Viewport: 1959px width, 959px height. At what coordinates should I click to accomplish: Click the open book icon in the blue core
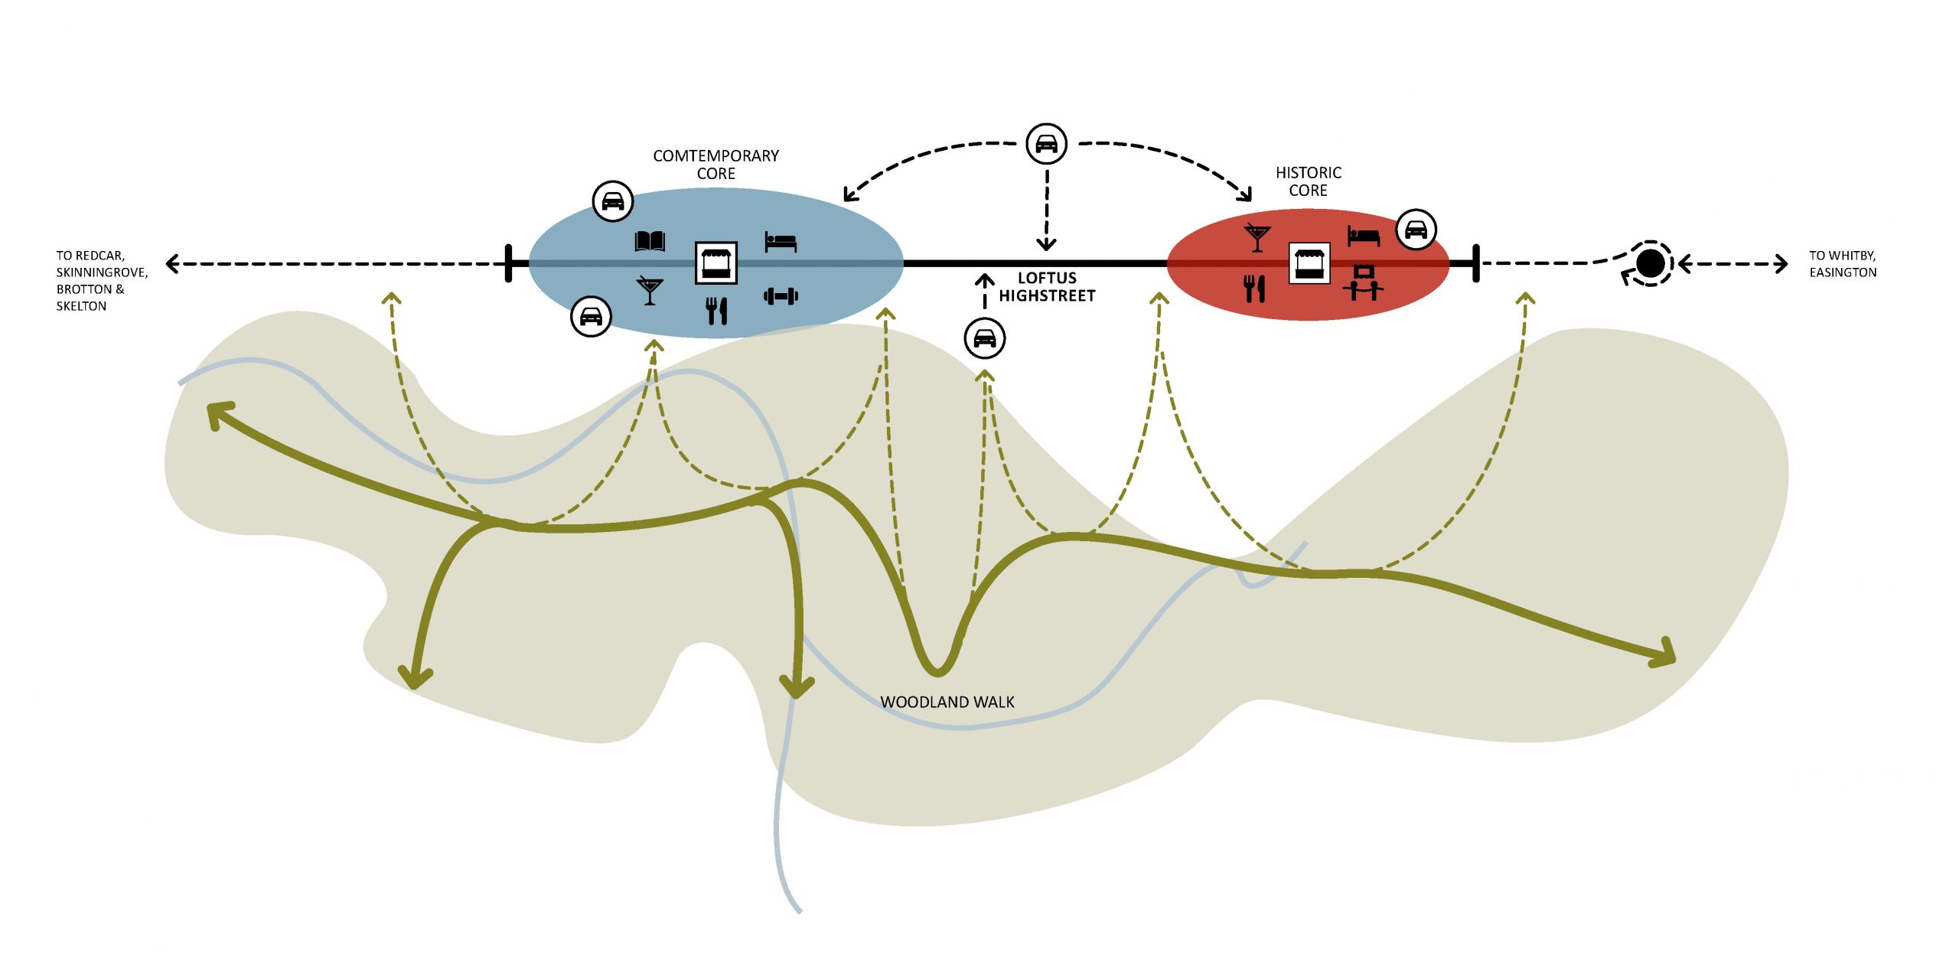[650, 242]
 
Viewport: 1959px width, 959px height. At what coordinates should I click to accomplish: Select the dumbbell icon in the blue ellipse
[781, 295]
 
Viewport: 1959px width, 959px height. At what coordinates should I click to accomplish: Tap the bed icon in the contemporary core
[781, 242]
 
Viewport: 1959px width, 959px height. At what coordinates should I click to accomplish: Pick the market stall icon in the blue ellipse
[715, 263]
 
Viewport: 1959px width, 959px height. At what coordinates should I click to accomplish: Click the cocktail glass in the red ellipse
[1257, 238]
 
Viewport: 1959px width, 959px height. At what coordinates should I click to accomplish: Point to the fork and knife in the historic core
[1254, 289]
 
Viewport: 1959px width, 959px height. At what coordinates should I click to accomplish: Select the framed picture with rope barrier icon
[1363, 282]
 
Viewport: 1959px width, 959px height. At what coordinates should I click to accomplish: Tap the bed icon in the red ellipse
[1363, 236]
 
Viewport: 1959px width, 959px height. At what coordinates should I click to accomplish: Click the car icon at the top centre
[1046, 143]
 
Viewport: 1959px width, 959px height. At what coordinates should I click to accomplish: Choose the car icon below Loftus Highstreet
[985, 338]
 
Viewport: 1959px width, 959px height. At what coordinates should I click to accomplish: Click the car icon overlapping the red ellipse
[1416, 229]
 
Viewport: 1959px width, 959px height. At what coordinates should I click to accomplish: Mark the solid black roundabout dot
[1650, 263]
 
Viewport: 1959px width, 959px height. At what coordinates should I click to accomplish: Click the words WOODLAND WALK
[947, 702]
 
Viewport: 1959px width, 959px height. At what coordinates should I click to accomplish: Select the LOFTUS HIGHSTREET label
[1047, 287]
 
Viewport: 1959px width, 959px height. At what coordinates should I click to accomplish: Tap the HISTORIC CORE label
[1309, 181]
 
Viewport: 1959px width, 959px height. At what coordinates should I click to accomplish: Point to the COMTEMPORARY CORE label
[715, 165]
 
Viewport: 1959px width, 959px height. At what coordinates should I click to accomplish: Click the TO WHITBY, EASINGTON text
[1843, 264]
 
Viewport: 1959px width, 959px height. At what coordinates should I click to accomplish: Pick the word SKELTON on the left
[81, 306]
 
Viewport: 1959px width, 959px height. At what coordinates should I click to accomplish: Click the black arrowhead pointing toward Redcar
[173, 264]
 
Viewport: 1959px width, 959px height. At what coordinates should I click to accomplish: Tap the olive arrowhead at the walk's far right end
[1664, 653]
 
